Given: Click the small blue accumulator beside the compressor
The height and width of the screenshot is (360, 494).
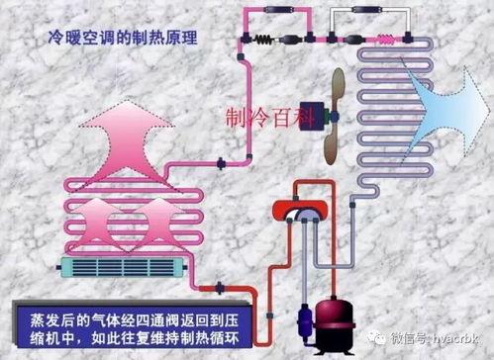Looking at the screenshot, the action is [298, 317].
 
